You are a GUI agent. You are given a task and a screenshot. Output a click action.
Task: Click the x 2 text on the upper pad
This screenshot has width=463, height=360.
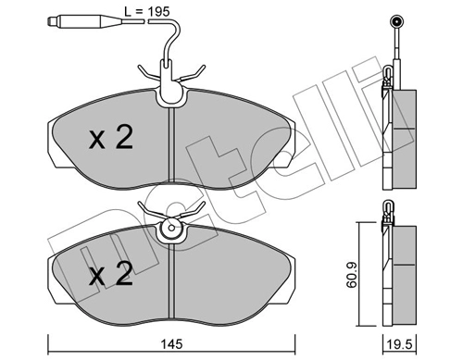click(x=111, y=139)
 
